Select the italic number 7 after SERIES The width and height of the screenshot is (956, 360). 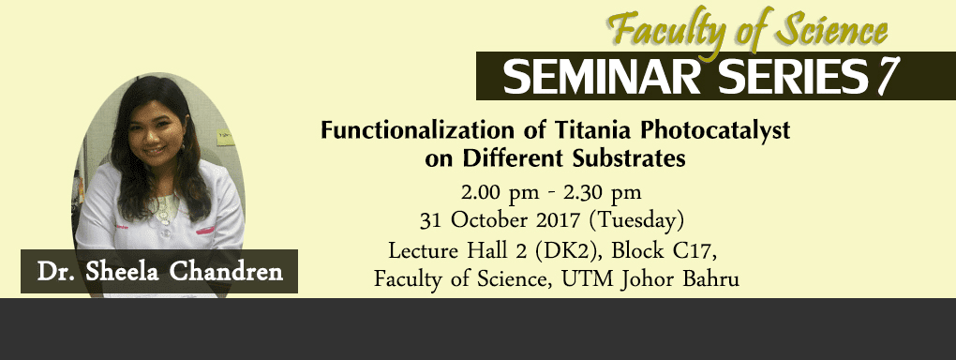click(886, 77)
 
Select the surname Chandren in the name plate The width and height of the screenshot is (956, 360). click(226, 272)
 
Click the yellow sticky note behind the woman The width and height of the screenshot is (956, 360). click(225, 137)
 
